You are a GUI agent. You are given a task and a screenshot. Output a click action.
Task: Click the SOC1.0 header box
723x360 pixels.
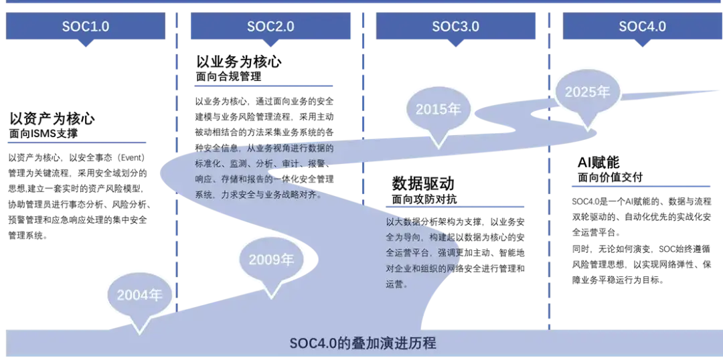[x=85, y=27]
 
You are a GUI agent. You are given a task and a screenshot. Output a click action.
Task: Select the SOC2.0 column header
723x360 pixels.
[x=270, y=27]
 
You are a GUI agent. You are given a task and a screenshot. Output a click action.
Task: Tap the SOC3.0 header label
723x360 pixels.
[x=456, y=27]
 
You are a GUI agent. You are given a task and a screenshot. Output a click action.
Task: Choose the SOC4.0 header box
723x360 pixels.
[x=642, y=27]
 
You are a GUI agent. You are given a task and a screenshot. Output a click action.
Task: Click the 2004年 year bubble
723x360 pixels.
[x=140, y=295]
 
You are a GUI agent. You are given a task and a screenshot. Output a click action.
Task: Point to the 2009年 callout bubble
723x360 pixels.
[x=271, y=260]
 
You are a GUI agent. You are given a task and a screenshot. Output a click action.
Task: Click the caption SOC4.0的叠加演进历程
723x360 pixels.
[x=362, y=343]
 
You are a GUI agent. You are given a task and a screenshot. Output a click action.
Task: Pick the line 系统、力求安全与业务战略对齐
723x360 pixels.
[x=258, y=195]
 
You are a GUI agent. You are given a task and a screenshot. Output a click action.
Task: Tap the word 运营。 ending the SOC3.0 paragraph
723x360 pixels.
[x=397, y=284]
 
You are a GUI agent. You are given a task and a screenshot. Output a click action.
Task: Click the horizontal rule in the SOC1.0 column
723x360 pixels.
[x=77, y=142]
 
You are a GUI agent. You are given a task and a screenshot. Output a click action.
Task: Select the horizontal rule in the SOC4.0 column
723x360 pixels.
[x=639, y=188]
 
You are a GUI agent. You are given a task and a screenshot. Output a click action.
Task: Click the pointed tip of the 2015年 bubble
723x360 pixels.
[x=438, y=146]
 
